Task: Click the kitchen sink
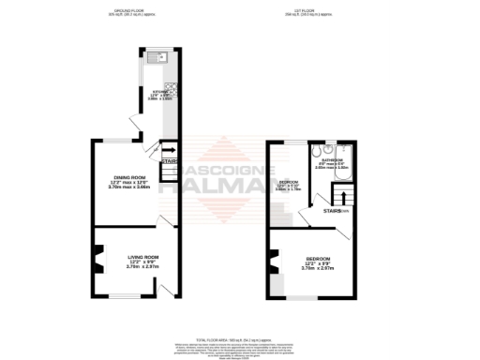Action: click(152, 57)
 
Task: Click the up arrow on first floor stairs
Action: click(343, 197)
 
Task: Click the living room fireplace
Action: click(97, 256)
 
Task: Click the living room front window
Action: click(122, 297)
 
